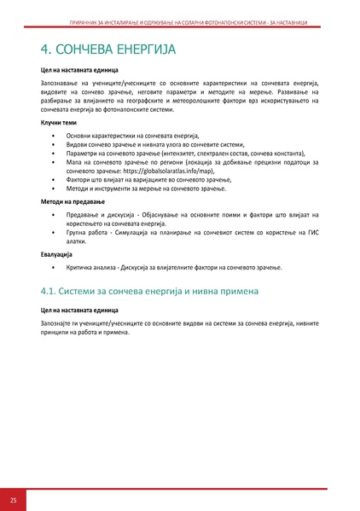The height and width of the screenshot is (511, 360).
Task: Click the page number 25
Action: pos(13,498)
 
